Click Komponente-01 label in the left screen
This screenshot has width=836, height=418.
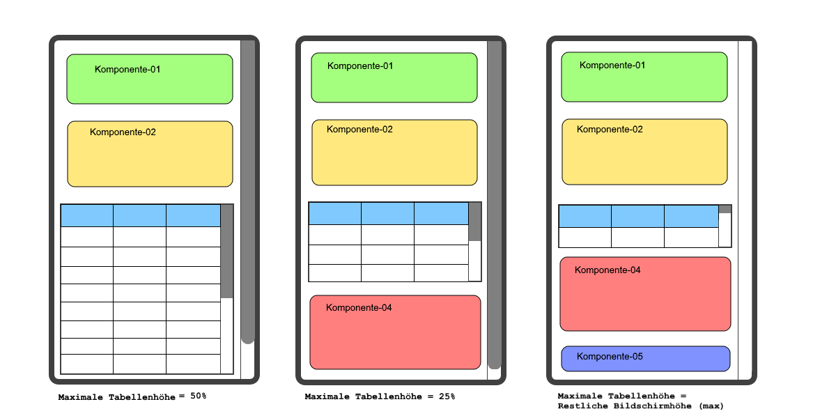[x=127, y=70]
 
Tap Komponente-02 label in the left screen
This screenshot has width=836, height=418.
[x=123, y=132]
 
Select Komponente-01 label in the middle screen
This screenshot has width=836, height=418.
[x=360, y=66]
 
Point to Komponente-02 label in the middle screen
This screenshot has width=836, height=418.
[x=359, y=130]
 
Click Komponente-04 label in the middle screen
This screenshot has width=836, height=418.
[x=359, y=308]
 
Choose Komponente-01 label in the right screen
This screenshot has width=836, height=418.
[x=612, y=65]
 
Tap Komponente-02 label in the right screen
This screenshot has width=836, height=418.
[x=610, y=130]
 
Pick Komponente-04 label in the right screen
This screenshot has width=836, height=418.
[x=607, y=270]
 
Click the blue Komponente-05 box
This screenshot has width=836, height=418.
[x=646, y=359]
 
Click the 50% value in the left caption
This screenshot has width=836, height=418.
[x=198, y=396]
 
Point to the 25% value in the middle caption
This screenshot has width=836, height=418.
[x=447, y=396]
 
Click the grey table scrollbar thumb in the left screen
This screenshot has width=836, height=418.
[x=227, y=251]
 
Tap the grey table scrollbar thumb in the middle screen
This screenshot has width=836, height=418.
[x=475, y=222]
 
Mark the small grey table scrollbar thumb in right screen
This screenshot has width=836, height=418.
[x=725, y=209]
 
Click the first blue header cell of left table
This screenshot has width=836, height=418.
[x=87, y=216]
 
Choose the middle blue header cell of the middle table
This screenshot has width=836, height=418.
[x=388, y=213]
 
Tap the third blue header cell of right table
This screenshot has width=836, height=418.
[x=692, y=216]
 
